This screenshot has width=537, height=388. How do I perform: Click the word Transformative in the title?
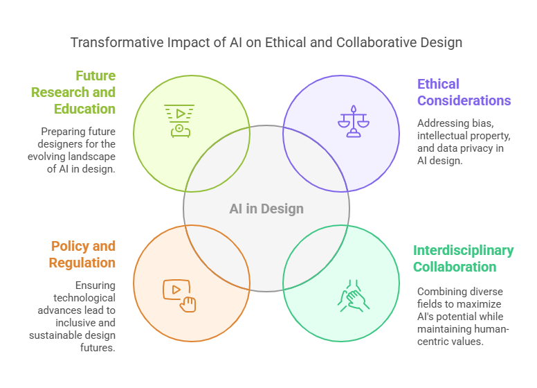(111, 42)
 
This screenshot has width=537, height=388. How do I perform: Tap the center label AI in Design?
(266, 209)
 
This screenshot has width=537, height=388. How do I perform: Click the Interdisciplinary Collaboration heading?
(464, 258)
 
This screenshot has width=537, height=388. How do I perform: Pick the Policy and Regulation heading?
(82, 254)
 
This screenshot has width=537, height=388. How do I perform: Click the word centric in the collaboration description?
(437, 342)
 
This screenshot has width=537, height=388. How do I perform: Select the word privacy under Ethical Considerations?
(489, 148)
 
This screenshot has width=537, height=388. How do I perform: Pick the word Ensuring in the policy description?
(95, 285)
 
